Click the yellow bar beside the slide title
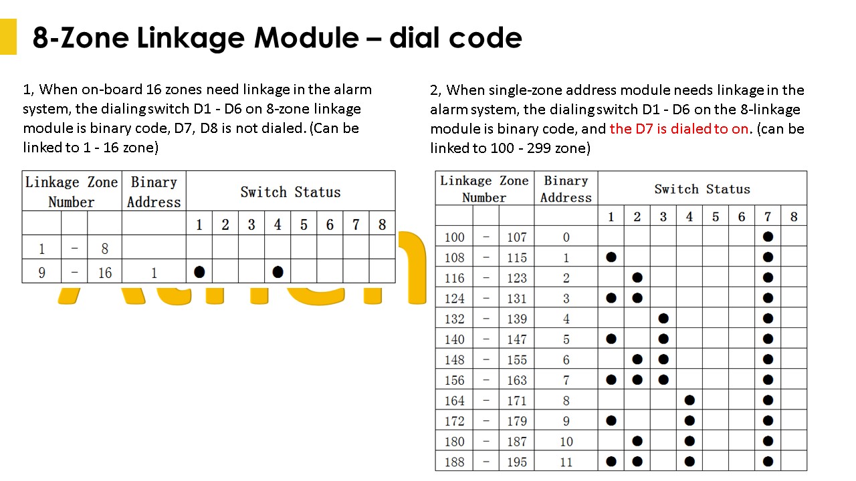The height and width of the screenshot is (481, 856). [8, 37]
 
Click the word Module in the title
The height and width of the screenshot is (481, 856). [306, 38]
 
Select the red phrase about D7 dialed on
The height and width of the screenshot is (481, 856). [679, 129]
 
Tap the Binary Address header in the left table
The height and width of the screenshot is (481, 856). [154, 192]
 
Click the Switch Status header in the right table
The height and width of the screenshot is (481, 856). [702, 189]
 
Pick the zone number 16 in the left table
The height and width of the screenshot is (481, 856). [105, 273]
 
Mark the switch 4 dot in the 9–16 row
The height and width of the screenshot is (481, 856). [278, 272]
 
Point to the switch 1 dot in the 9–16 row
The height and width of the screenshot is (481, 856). [199, 272]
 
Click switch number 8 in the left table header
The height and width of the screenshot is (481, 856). [382, 224]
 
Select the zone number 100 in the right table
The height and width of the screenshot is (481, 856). [454, 237]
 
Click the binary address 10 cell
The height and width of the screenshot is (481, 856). [566, 442]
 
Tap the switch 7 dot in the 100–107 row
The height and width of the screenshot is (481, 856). [768, 236]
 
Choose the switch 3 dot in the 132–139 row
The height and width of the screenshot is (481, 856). [663, 319]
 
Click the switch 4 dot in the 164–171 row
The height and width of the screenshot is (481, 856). [689, 400]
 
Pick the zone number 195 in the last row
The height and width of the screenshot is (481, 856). [517, 462]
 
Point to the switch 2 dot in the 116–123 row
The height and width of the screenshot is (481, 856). [637, 277]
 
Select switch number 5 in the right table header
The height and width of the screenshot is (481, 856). [716, 217]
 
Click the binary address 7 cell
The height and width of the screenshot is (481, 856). [566, 380]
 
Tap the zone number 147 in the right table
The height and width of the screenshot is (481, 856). [517, 339]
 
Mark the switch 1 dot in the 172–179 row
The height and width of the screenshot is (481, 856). [611, 421]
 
